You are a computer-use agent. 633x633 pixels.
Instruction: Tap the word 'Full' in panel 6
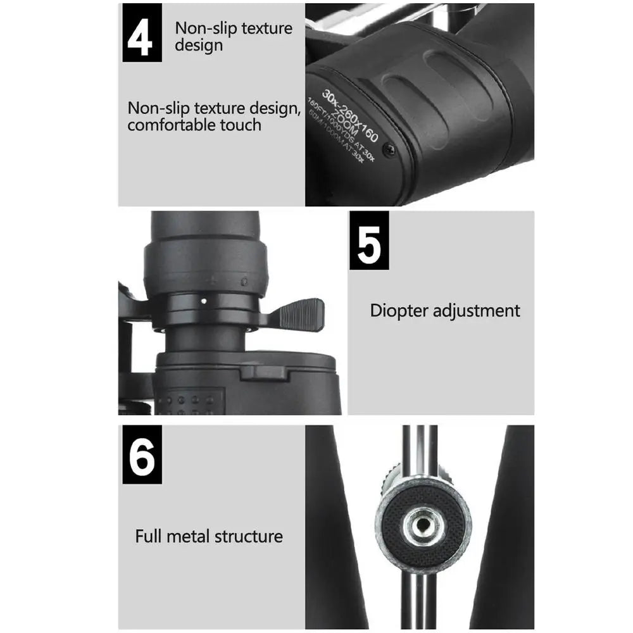pos(149,536)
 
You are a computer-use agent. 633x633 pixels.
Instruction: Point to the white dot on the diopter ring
pos(203,301)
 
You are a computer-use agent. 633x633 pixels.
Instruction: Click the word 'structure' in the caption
pos(248,536)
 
